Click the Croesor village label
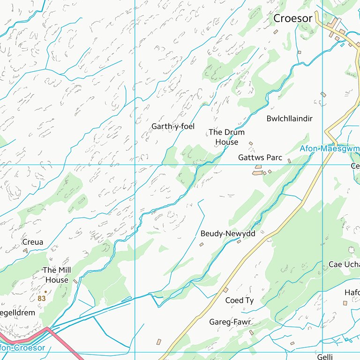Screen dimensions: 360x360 (292, 18)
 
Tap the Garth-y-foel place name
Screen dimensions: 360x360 (172, 127)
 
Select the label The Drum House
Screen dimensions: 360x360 (226, 137)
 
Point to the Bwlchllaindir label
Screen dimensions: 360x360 (289, 119)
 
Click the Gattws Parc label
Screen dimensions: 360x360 (260, 157)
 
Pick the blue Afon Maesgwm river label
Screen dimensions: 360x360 (330, 149)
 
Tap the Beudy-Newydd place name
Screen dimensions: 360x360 (227, 233)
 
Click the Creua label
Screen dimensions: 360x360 (32, 242)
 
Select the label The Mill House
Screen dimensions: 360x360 (57, 275)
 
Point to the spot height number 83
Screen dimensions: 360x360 (42, 298)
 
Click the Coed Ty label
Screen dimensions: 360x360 (239, 300)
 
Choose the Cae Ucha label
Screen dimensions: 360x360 (344, 264)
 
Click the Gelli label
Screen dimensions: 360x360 (325, 357)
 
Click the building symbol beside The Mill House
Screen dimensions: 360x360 (75, 281)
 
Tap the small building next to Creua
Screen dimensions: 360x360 (26, 251)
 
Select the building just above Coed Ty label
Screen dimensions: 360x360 (225, 290)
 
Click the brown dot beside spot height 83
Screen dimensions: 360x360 (45, 292)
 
